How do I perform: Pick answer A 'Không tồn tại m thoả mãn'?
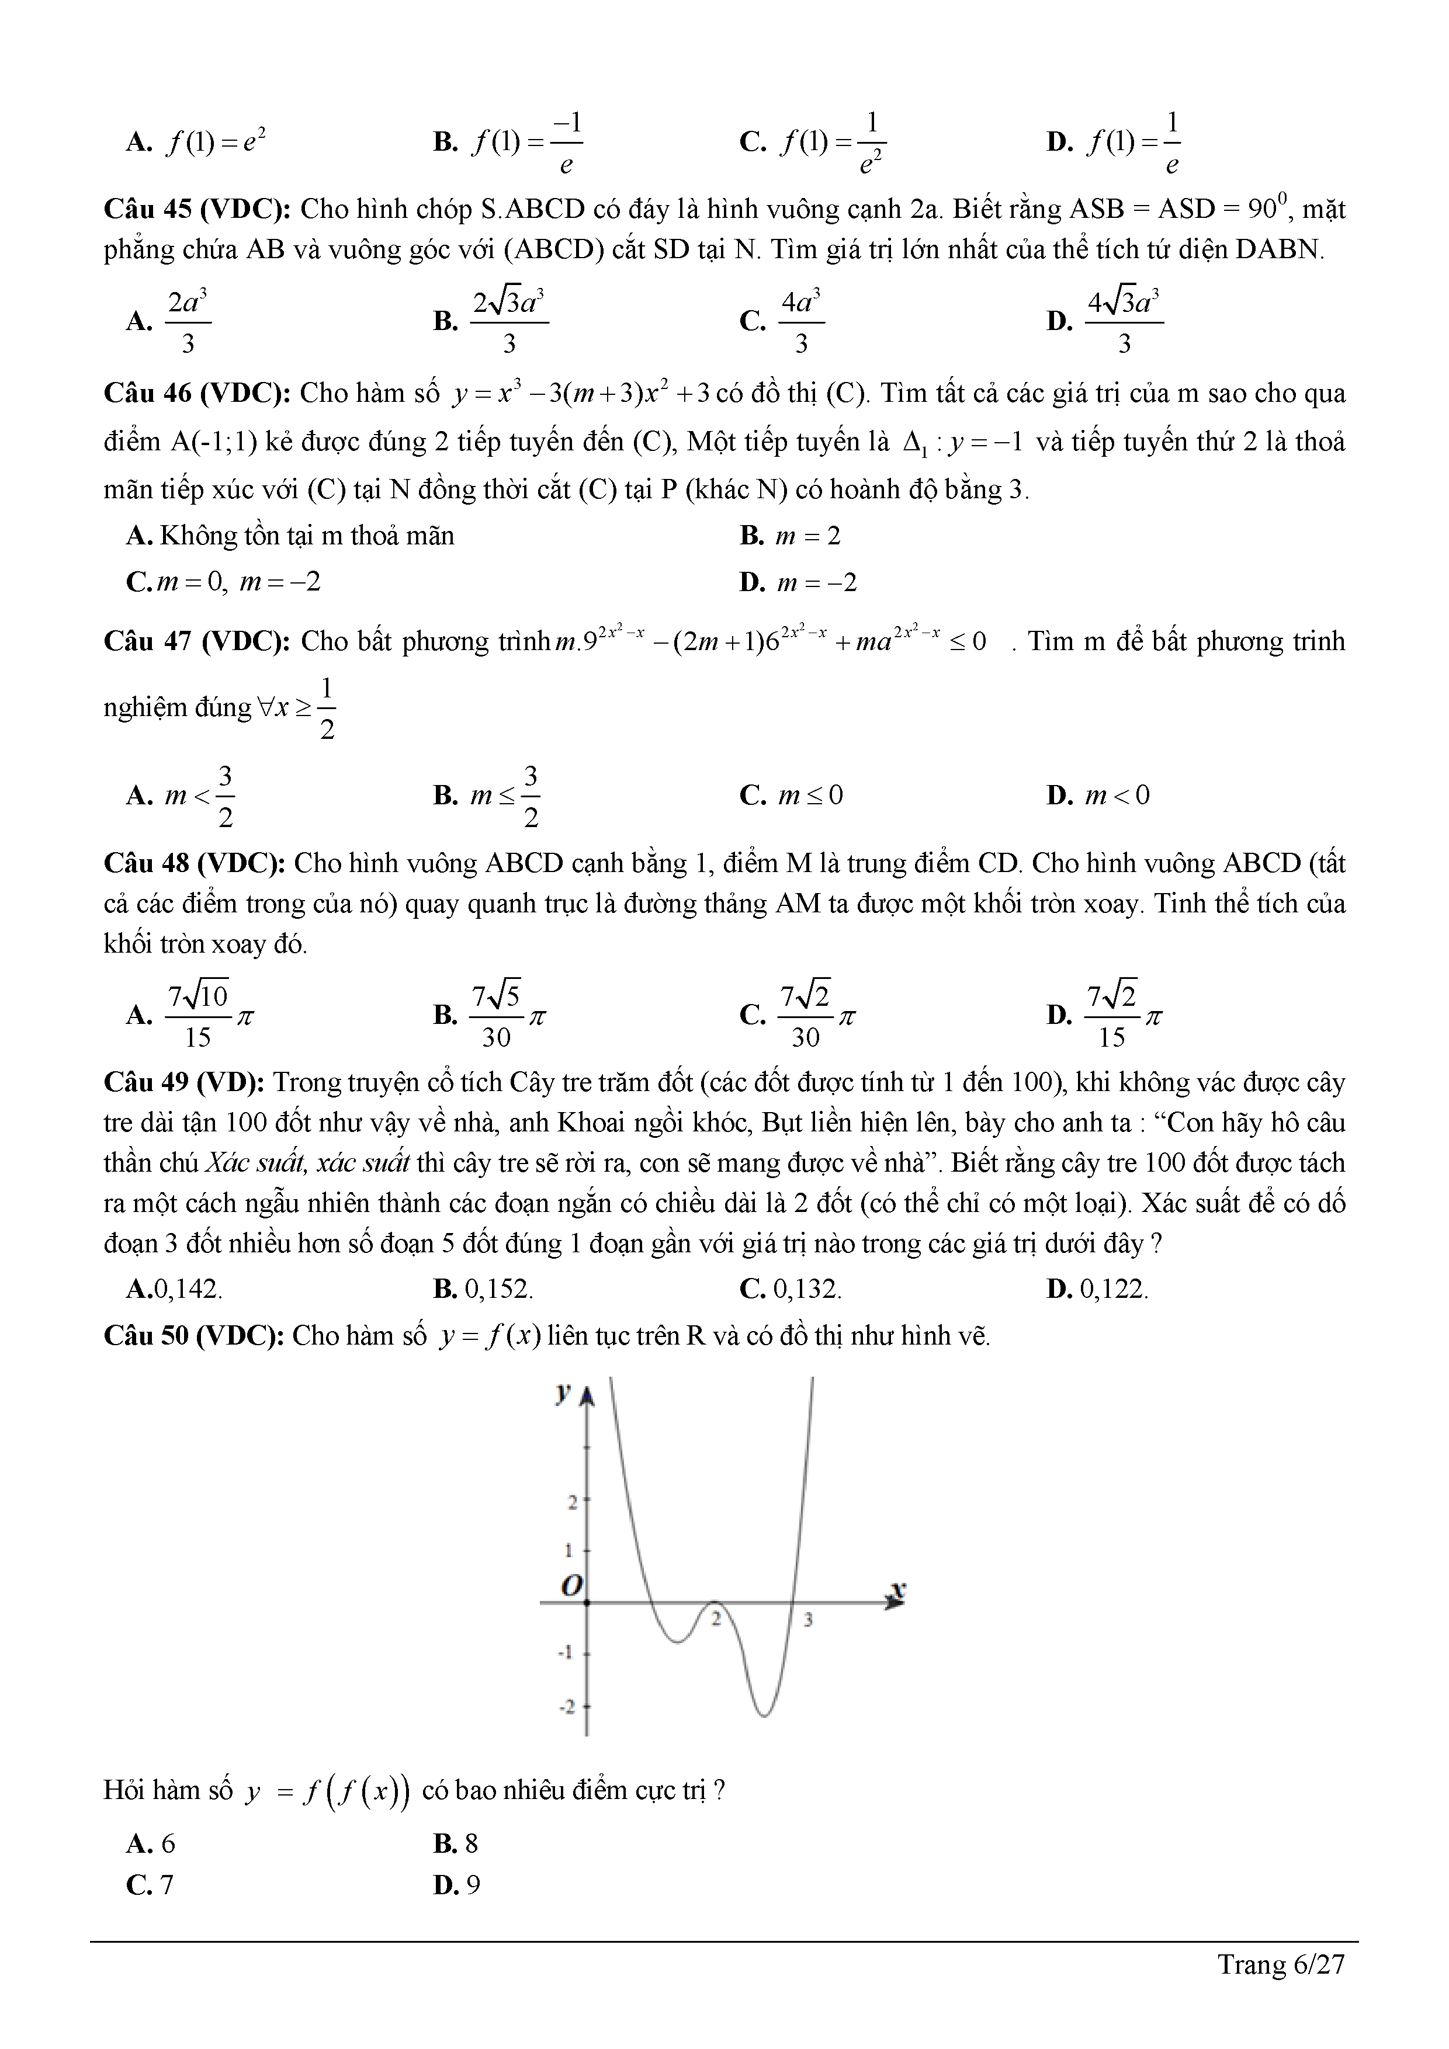pos(290,536)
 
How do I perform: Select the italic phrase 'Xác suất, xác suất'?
pos(308,1163)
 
